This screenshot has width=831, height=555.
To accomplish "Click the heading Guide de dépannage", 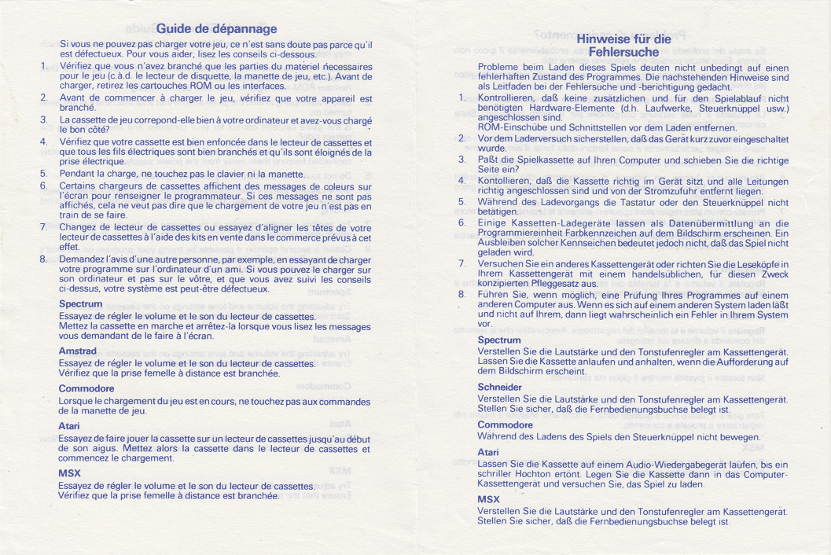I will coord(216,29).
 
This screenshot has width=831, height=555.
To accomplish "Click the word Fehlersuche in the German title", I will coord(623,53).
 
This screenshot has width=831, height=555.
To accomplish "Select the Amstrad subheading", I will coord(78,351).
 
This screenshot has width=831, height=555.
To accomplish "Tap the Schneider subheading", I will coord(500,387).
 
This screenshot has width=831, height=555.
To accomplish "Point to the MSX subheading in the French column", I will coord(70,473).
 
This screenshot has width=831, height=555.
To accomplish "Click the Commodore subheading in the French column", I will coord(86,388).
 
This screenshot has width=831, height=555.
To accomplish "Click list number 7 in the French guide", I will coord(44,227).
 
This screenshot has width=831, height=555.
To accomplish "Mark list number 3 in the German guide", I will coord(462,159).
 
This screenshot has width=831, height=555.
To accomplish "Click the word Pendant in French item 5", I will coord(77,173).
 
